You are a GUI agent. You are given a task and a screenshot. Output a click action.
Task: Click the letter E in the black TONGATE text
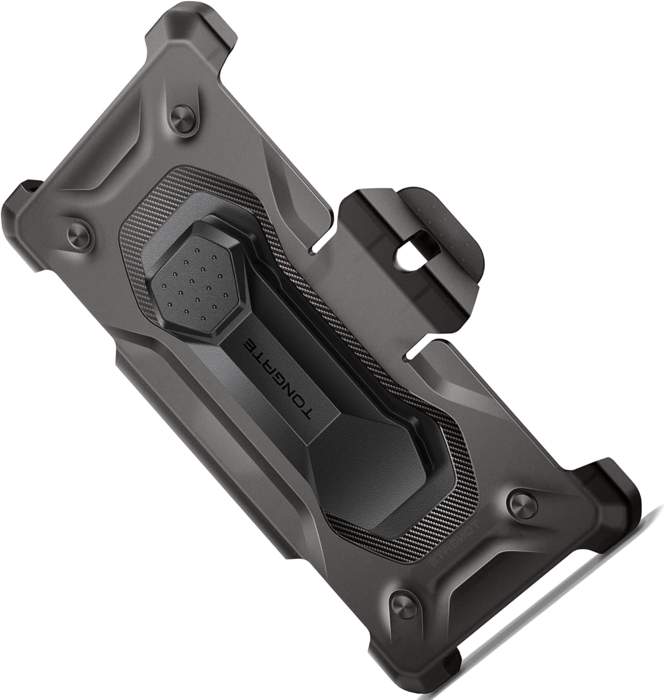(x=249, y=345)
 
